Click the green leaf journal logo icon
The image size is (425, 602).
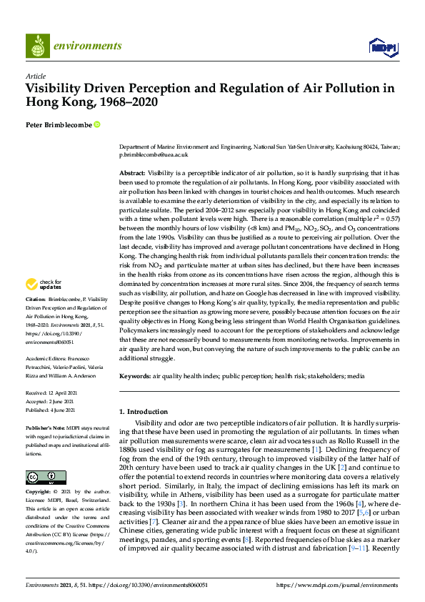click(36, 46)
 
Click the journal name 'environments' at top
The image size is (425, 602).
click(88, 46)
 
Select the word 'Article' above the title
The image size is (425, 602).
click(35, 77)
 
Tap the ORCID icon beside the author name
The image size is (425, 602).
click(97, 124)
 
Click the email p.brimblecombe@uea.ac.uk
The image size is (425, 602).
click(153, 154)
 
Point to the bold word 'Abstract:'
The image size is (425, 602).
click(132, 174)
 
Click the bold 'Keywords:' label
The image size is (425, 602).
click(135, 375)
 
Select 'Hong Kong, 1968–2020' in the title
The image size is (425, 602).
click(91, 102)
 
